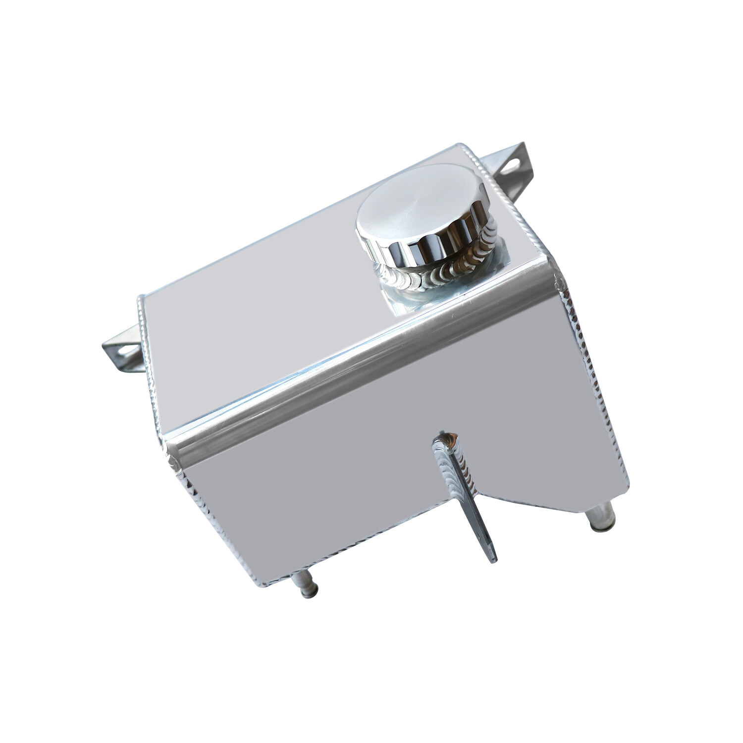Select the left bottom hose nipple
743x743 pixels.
pyautogui.click(x=306, y=587)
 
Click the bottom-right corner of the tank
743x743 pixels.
pyautogui.click(x=627, y=483)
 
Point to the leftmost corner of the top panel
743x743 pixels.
pyautogui.click(x=140, y=299)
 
